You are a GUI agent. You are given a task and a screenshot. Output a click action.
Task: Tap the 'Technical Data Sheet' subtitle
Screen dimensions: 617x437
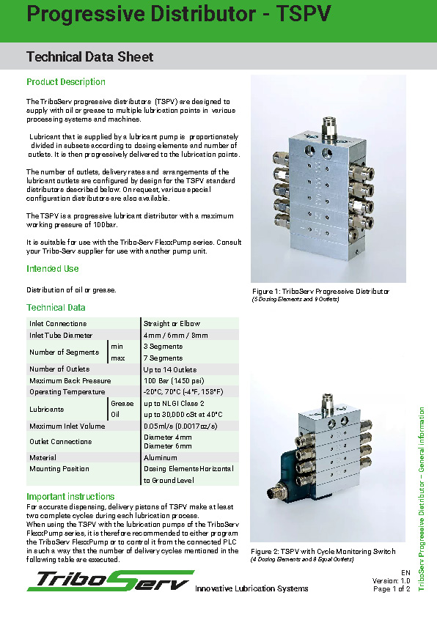point(90,56)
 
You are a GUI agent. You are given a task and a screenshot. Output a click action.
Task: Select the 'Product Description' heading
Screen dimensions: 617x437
point(66,82)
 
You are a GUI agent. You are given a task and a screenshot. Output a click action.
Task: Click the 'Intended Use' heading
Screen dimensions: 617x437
point(53,269)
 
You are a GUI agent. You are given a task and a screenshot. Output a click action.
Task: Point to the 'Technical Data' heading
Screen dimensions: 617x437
point(56,308)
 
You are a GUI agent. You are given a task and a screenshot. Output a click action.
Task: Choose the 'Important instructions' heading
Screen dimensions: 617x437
point(70,497)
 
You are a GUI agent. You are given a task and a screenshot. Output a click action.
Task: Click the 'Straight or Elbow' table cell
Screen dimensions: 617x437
point(172,323)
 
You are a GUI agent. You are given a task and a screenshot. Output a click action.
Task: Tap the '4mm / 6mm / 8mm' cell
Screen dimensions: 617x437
point(176,335)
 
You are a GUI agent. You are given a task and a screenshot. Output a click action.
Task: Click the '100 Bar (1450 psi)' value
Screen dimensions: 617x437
point(175,380)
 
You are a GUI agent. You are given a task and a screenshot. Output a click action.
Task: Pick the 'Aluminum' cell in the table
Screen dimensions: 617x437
point(161,457)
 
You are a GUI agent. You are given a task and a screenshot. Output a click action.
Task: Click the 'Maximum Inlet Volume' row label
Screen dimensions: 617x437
point(67,426)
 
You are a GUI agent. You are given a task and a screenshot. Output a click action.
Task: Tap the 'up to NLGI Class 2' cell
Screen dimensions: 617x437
point(174,403)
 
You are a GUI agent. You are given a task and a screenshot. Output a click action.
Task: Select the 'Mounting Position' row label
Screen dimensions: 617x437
point(59,468)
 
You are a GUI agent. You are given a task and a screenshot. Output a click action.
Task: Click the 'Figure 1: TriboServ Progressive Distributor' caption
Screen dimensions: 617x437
point(320,292)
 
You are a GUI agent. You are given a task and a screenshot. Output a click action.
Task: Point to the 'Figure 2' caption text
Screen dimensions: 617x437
point(323,551)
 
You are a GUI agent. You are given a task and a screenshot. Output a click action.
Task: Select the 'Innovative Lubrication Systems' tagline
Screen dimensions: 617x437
point(251,588)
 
